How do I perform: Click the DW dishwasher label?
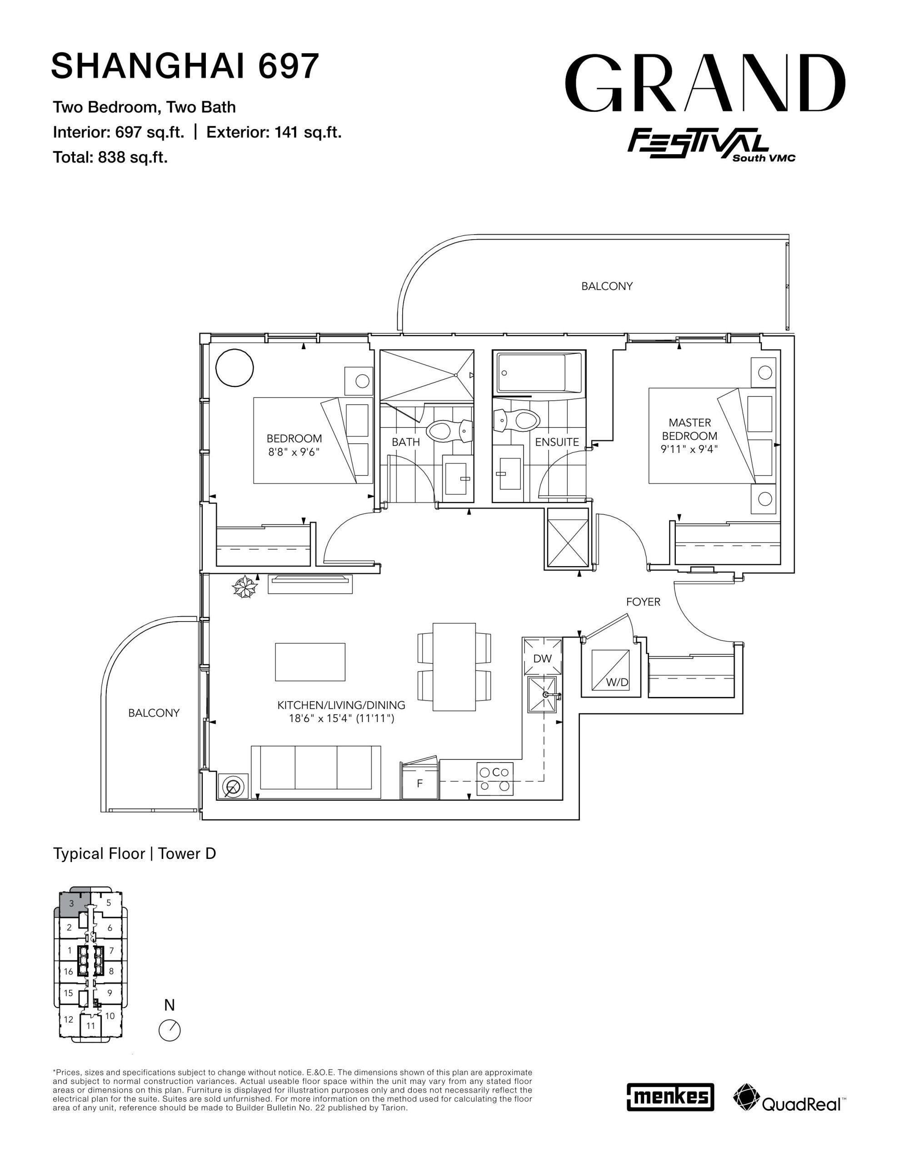[x=543, y=658]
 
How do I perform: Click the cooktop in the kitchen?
[x=495, y=779]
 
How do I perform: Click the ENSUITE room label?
[x=557, y=442]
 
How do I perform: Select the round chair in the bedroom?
[x=235, y=367]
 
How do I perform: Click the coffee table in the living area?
[x=310, y=662]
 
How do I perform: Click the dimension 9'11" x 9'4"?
[x=689, y=449]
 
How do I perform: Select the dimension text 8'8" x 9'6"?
[x=294, y=452]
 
